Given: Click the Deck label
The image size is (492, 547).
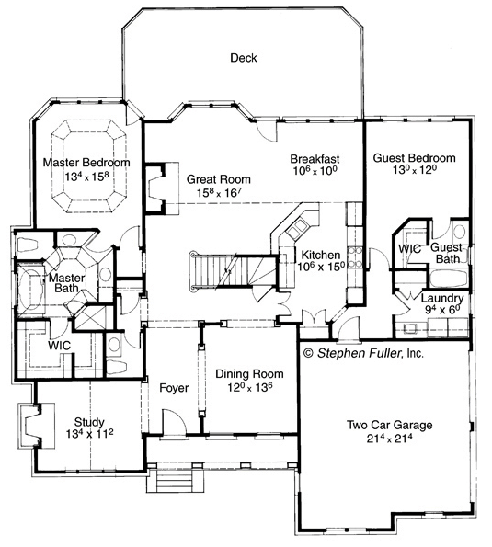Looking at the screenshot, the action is pyautogui.click(x=243, y=58).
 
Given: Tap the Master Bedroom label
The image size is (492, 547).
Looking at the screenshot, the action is pyautogui.click(x=86, y=163).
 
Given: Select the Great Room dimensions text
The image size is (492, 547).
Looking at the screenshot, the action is pyautogui.click(x=219, y=192).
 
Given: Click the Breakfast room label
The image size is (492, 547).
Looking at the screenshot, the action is pyautogui.click(x=315, y=159).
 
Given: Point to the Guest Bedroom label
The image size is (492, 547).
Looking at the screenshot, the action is pyautogui.click(x=414, y=158).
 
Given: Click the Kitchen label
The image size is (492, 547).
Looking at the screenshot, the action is pyautogui.click(x=321, y=255).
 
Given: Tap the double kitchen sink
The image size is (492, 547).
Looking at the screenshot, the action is pyautogui.click(x=297, y=228).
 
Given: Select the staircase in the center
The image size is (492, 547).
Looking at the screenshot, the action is pyautogui.click(x=233, y=270).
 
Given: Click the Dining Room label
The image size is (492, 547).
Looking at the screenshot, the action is pyautogui.click(x=249, y=374).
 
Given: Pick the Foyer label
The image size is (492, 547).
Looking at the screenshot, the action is pyautogui.click(x=174, y=388).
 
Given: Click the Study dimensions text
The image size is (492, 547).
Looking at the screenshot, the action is pyautogui.click(x=90, y=434).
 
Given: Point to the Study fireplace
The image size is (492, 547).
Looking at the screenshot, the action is pyautogui.click(x=36, y=427).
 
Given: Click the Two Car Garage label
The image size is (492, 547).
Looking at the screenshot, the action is pyautogui.click(x=389, y=425).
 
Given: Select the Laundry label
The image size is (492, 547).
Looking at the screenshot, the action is pyautogui.click(x=442, y=298).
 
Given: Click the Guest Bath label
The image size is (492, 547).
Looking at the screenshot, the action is pyautogui.click(x=446, y=253).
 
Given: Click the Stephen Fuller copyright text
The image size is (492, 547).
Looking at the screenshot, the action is pyautogui.click(x=363, y=353).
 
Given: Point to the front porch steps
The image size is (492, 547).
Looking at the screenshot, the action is pyautogui.click(x=175, y=481).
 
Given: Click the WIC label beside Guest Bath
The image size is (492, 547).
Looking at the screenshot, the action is pyautogui.click(x=409, y=249).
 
